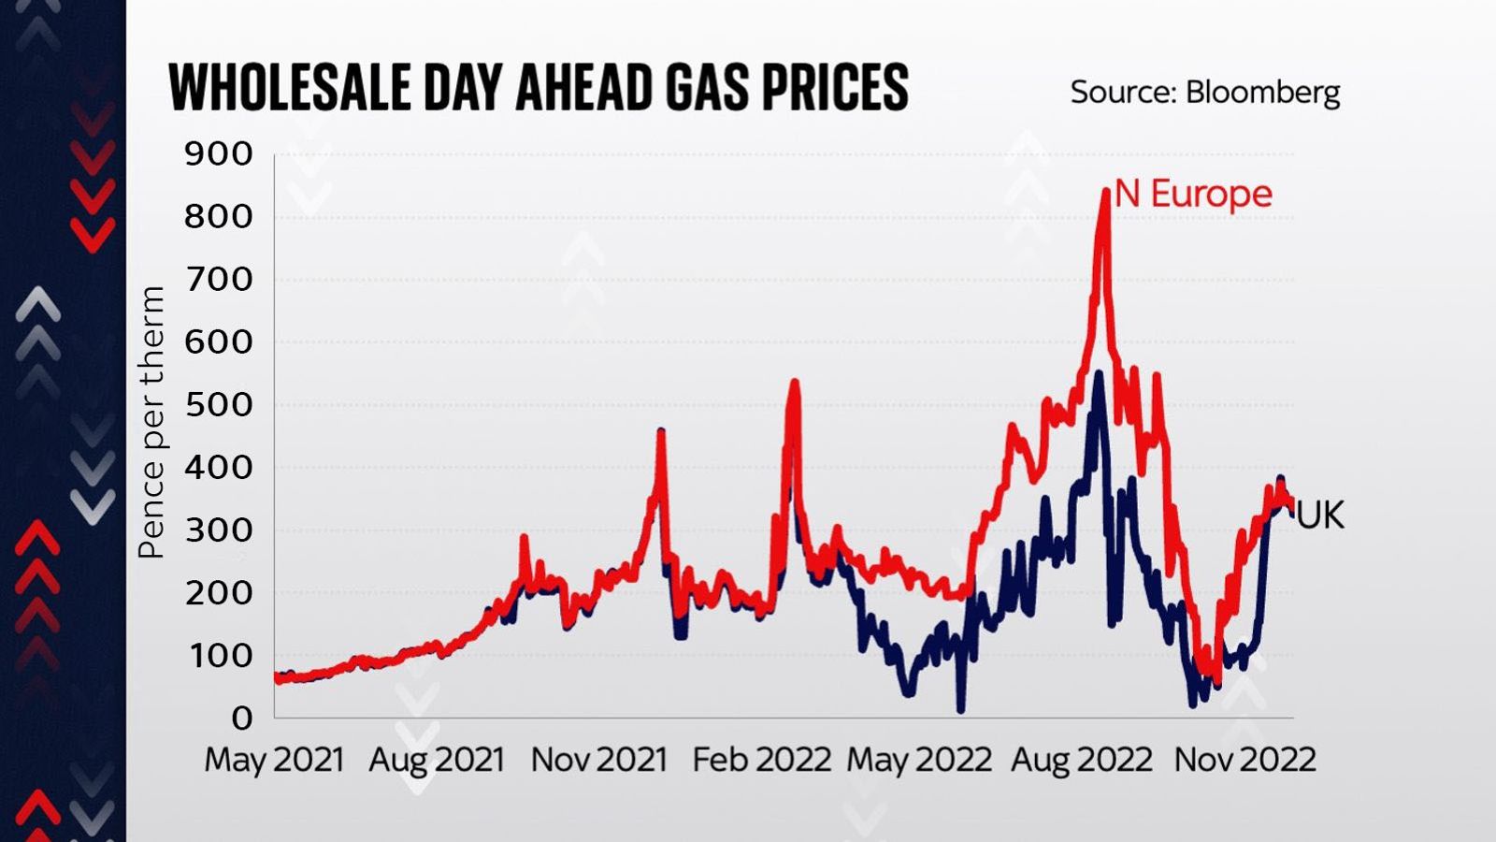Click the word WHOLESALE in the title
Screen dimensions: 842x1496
[x=290, y=88]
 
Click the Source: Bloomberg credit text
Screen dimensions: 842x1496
[x=1204, y=92]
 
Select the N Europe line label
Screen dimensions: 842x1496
[x=1193, y=195]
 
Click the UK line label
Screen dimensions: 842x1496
[x=1320, y=515]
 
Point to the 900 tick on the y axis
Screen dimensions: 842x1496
[x=219, y=153]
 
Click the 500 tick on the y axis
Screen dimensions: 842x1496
[x=219, y=405]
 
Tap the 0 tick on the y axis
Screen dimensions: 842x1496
[x=242, y=719]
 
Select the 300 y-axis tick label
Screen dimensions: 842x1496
[x=219, y=530]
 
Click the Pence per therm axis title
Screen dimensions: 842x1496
[x=151, y=423]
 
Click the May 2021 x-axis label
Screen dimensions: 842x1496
[x=274, y=760]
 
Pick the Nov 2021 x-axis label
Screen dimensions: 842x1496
[x=599, y=760]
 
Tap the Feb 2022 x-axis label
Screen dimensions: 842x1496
[x=761, y=760]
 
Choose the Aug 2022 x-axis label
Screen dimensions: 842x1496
[x=1081, y=760]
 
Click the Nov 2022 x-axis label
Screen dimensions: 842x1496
[x=1244, y=760]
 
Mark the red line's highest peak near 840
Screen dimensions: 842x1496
[x=1105, y=191]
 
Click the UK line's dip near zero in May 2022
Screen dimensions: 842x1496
[x=960, y=709]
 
